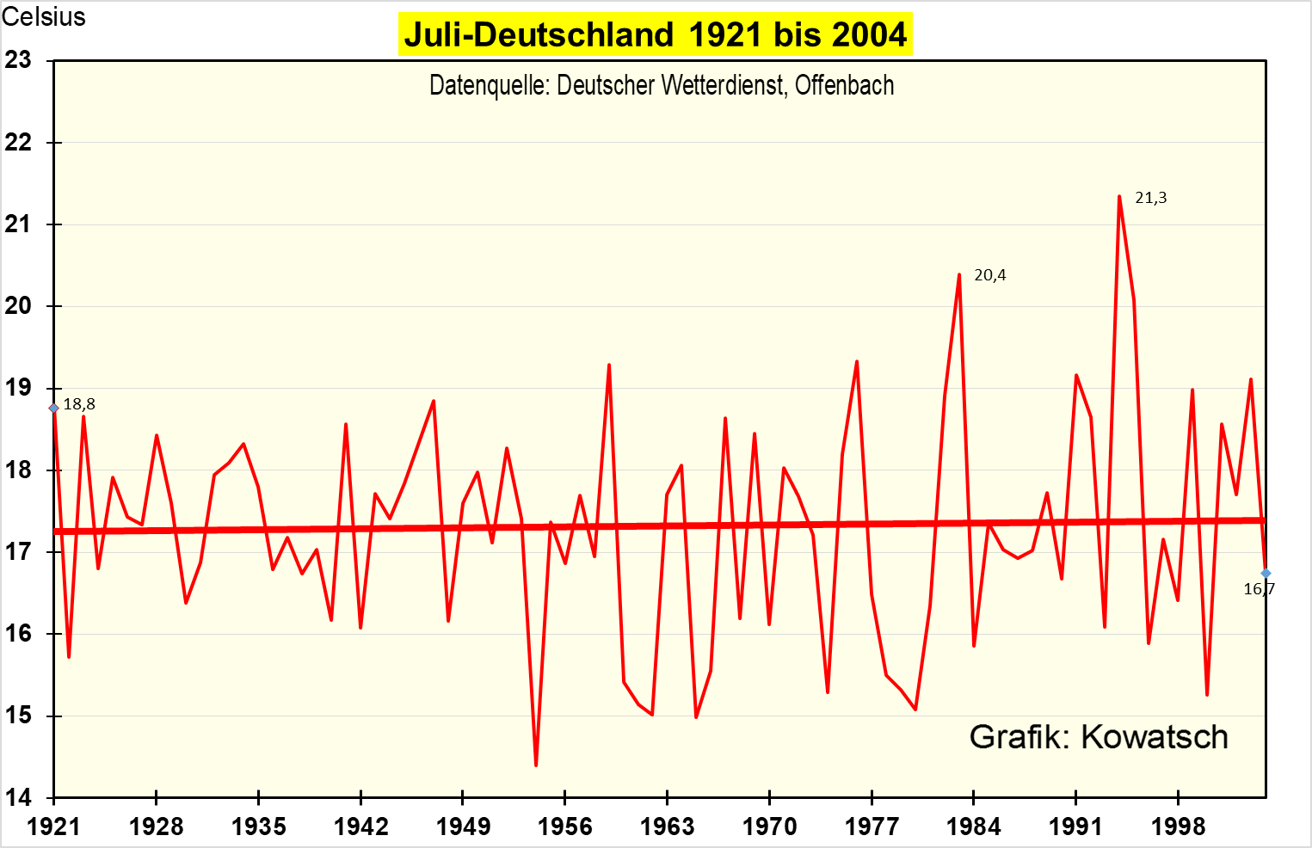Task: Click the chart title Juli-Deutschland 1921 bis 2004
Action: [655, 34]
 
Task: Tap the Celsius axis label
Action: [44, 16]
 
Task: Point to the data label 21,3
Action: [1150, 198]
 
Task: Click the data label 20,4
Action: [989, 275]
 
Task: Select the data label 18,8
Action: [79, 404]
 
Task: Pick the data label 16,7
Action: [1259, 589]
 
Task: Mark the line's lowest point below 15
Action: [536, 765]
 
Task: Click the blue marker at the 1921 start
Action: [54, 408]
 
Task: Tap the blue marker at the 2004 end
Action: [1266, 573]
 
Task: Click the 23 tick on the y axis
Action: [18, 60]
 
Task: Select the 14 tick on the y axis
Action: [18, 798]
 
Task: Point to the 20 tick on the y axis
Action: [18, 306]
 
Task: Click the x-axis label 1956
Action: [564, 827]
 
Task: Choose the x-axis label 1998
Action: [1178, 827]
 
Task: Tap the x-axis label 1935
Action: [258, 827]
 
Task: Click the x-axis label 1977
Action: [872, 827]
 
